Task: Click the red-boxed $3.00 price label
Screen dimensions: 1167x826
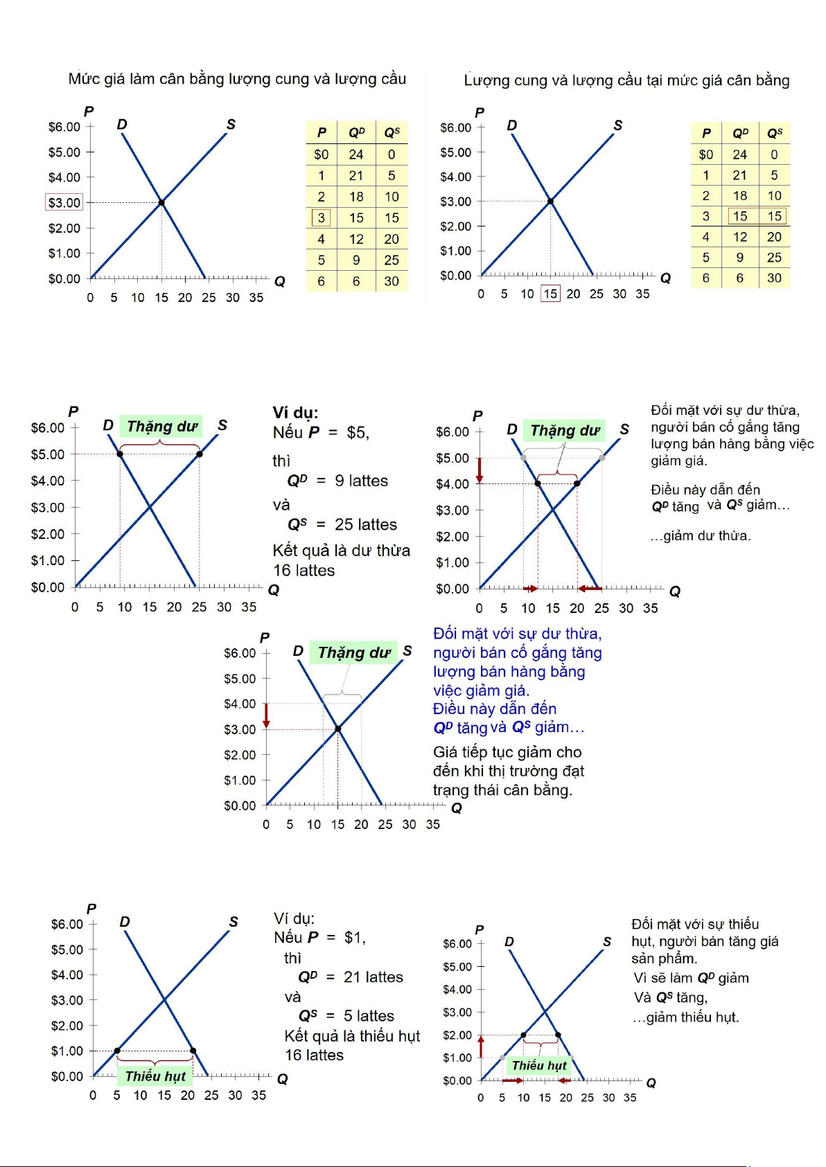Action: point(64,202)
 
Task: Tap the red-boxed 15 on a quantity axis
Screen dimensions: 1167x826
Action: point(550,294)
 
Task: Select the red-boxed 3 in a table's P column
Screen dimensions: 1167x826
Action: point(321,218)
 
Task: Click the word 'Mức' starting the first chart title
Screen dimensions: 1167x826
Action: point(84,79)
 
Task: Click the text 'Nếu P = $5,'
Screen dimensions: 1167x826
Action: point(321,433)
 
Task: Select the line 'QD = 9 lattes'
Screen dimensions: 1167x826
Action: point(337,481)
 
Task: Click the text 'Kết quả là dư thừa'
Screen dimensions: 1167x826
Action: point(341,551)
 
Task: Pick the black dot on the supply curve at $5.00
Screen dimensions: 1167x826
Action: point(200,454)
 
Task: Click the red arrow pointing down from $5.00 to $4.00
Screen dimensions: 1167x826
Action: point(479,470)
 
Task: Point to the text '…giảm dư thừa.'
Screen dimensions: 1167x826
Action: point(701,535)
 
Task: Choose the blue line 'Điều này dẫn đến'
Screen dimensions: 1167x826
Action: point(495,709)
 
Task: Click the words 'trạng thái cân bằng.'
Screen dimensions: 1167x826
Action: point(502,790)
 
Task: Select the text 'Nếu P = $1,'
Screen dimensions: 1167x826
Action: point(319,938)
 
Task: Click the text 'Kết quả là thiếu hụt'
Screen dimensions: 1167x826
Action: point(352,1036)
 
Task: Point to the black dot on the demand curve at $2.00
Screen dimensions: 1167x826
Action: point(558,1035)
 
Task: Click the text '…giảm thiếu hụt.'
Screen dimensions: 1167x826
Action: point(685,1017)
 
